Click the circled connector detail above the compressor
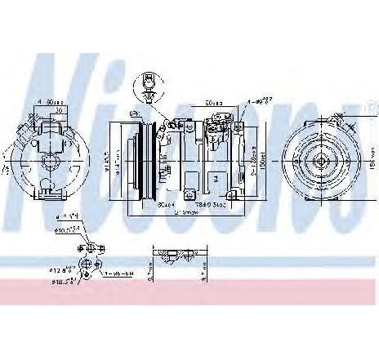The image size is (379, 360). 147,85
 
